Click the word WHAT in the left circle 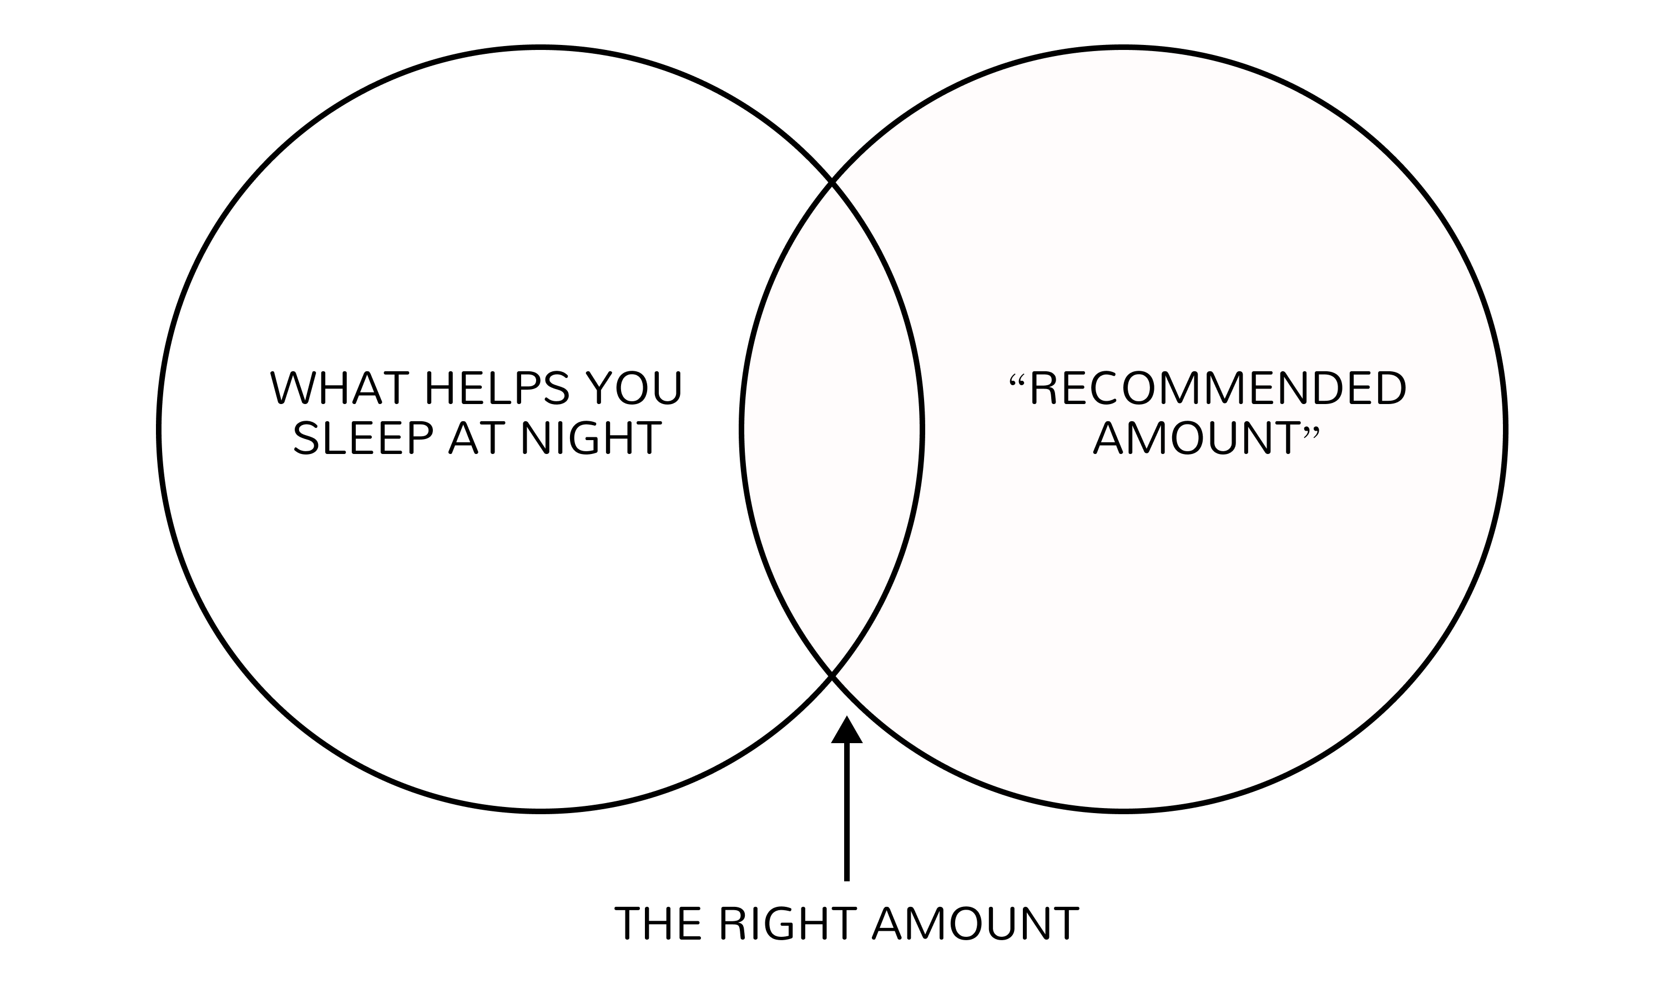point(339,388)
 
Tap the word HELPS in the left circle point(497,388)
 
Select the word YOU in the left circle point(634,388)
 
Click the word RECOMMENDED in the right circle point(1218,389)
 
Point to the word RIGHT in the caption point(788,923)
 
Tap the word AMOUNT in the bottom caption point(975,923)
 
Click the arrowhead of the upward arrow point(846,731)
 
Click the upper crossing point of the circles point(833,181)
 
